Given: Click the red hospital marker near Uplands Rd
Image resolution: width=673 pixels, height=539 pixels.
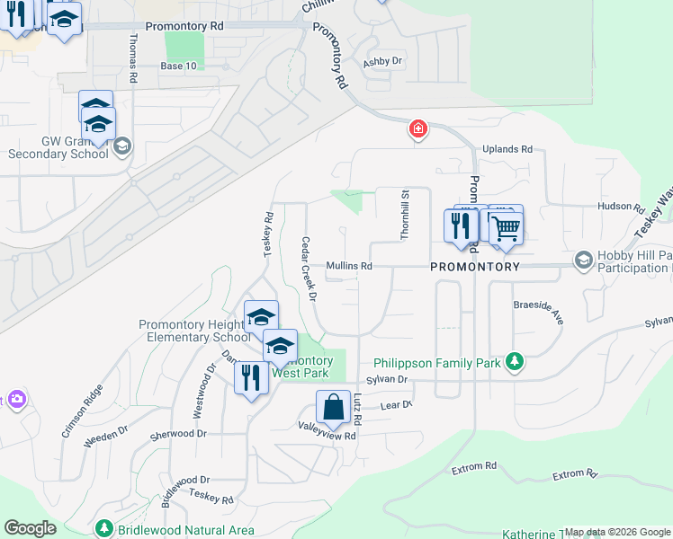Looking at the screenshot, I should [x=417, y=130].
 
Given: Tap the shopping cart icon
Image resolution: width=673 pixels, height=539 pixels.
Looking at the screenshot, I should [x=507, y=227].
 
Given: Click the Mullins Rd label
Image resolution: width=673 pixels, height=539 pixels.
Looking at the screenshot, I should [x=349, y=266].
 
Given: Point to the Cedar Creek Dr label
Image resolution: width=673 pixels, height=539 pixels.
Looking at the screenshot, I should [x=310, y=269].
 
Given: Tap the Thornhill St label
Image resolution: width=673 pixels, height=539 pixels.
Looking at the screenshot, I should [x=405, y=215].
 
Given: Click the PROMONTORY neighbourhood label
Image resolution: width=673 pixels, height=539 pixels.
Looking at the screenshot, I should [x=474, y=267].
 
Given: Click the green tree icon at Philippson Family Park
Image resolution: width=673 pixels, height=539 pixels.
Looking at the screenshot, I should [x=514, y=362].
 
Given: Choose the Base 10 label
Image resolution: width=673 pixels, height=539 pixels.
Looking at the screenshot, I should [x=178, y=66].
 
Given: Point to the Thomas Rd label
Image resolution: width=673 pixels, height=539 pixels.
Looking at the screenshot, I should [x=132, y=58].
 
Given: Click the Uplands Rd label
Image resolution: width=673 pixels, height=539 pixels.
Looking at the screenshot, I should [x=507, y=149].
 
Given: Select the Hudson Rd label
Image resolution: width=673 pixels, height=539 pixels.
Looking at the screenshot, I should [x=621, y=207].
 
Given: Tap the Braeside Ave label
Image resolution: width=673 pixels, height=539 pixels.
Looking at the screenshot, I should [x=538, y=306].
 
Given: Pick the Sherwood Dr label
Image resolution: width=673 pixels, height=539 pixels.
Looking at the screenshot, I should [x=178, y=433].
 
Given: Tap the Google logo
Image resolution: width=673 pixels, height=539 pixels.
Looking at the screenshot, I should [x=30, y=527].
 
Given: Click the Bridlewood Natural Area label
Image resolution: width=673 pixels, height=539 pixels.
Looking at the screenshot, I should [x=184, y=530].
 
